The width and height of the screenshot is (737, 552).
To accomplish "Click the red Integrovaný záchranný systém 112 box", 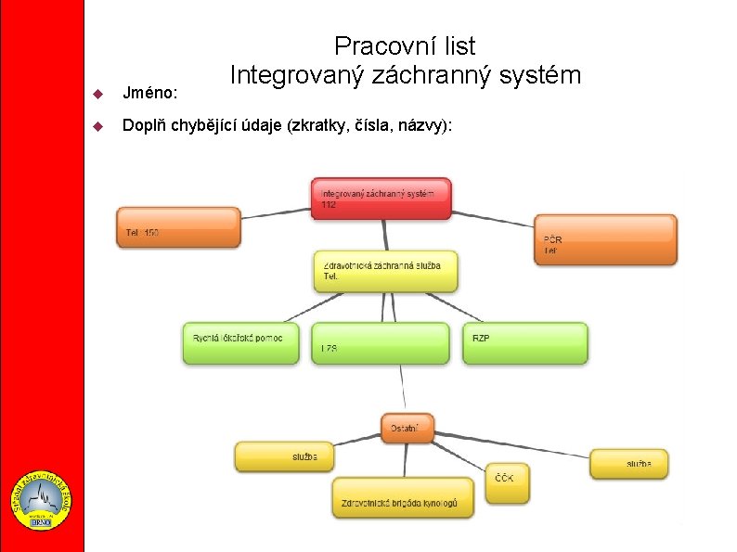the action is point(381,199).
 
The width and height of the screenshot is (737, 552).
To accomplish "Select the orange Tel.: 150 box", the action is point(178,227).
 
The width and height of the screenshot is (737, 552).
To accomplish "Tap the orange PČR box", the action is point(605,239).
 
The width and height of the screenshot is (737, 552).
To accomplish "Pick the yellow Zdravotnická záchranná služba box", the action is point(385,271).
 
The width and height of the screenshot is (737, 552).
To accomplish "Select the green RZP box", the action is point(524,342).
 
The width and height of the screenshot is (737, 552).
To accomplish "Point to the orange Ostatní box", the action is point(407,428).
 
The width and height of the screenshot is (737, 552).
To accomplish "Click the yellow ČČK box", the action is point(508,483).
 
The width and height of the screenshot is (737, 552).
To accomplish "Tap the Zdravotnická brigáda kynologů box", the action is point(403,497).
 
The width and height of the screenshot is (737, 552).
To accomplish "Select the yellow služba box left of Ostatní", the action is point(283,456).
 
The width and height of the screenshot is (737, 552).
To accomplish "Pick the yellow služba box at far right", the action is point(628,463).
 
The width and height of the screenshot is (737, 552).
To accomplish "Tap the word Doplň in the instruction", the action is point(145,126).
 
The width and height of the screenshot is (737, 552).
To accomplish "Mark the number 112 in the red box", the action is point(330,204).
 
